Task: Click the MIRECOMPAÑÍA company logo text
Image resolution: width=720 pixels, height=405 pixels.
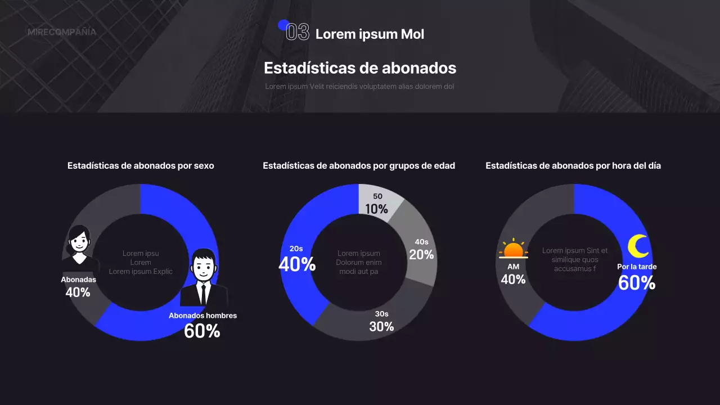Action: [x=62, y=32]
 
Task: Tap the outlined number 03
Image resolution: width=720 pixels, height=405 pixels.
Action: [x=298, y=33]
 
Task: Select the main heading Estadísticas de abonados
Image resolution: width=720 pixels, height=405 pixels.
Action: [x=360, y=68]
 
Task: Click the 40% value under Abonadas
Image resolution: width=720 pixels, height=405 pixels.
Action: [x=78, y=292]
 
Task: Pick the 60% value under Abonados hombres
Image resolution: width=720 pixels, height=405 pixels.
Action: [x=202, y=331]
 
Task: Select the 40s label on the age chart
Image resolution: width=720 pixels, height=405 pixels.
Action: [x=421, y=242]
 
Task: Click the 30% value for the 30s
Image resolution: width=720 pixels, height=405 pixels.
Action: [x=381, y=326]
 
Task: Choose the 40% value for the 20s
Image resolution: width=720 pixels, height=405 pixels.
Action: [x=297, y=264]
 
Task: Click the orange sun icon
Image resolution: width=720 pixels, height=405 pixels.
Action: [x=513, y=249]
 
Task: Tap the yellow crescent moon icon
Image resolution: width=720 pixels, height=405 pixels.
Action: [x=638, y=246]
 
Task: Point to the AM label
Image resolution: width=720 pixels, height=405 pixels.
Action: [x=513, y=267]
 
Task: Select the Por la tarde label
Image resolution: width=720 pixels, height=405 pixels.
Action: [x=637, y=267]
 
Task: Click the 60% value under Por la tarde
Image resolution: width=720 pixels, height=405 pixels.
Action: [x=637, y=283]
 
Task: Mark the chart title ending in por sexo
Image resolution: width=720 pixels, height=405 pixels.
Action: [x=141, y=166]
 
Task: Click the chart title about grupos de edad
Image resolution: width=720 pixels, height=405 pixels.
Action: [x=359, y=166]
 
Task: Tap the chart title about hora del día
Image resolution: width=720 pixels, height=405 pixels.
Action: [x=573, y=166]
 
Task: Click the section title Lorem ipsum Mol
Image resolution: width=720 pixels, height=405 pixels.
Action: [x=370, y=34]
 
